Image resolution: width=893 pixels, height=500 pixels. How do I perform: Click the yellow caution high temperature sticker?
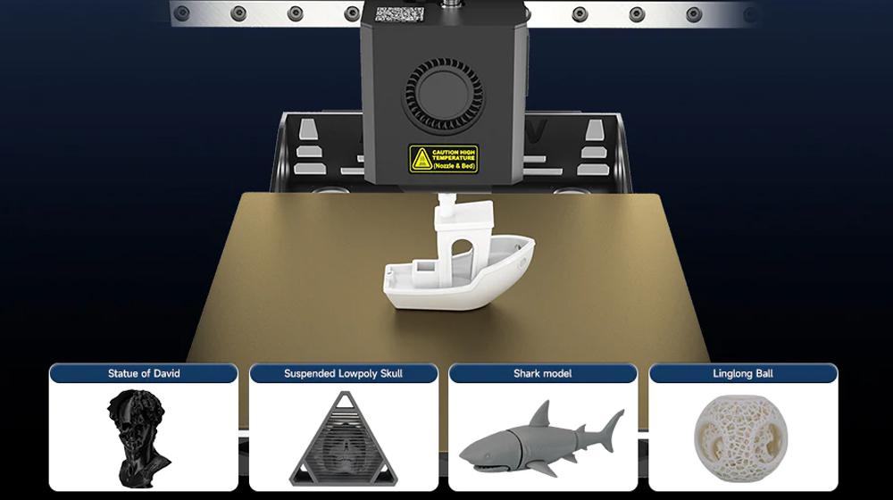click(x=444, y=159)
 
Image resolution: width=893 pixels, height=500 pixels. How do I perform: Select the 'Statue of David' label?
click(x=143, y=373)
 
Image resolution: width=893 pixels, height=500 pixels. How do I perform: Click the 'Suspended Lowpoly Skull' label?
click(x=343, y=373)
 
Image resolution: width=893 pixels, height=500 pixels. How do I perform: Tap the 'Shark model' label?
click(x=542, y=373)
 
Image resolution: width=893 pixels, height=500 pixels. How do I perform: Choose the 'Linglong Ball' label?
click(x=743, y=373)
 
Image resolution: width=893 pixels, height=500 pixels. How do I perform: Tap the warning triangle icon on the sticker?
click(x=421, y=160)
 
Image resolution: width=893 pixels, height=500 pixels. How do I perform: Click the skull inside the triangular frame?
click(x=343, y=446)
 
